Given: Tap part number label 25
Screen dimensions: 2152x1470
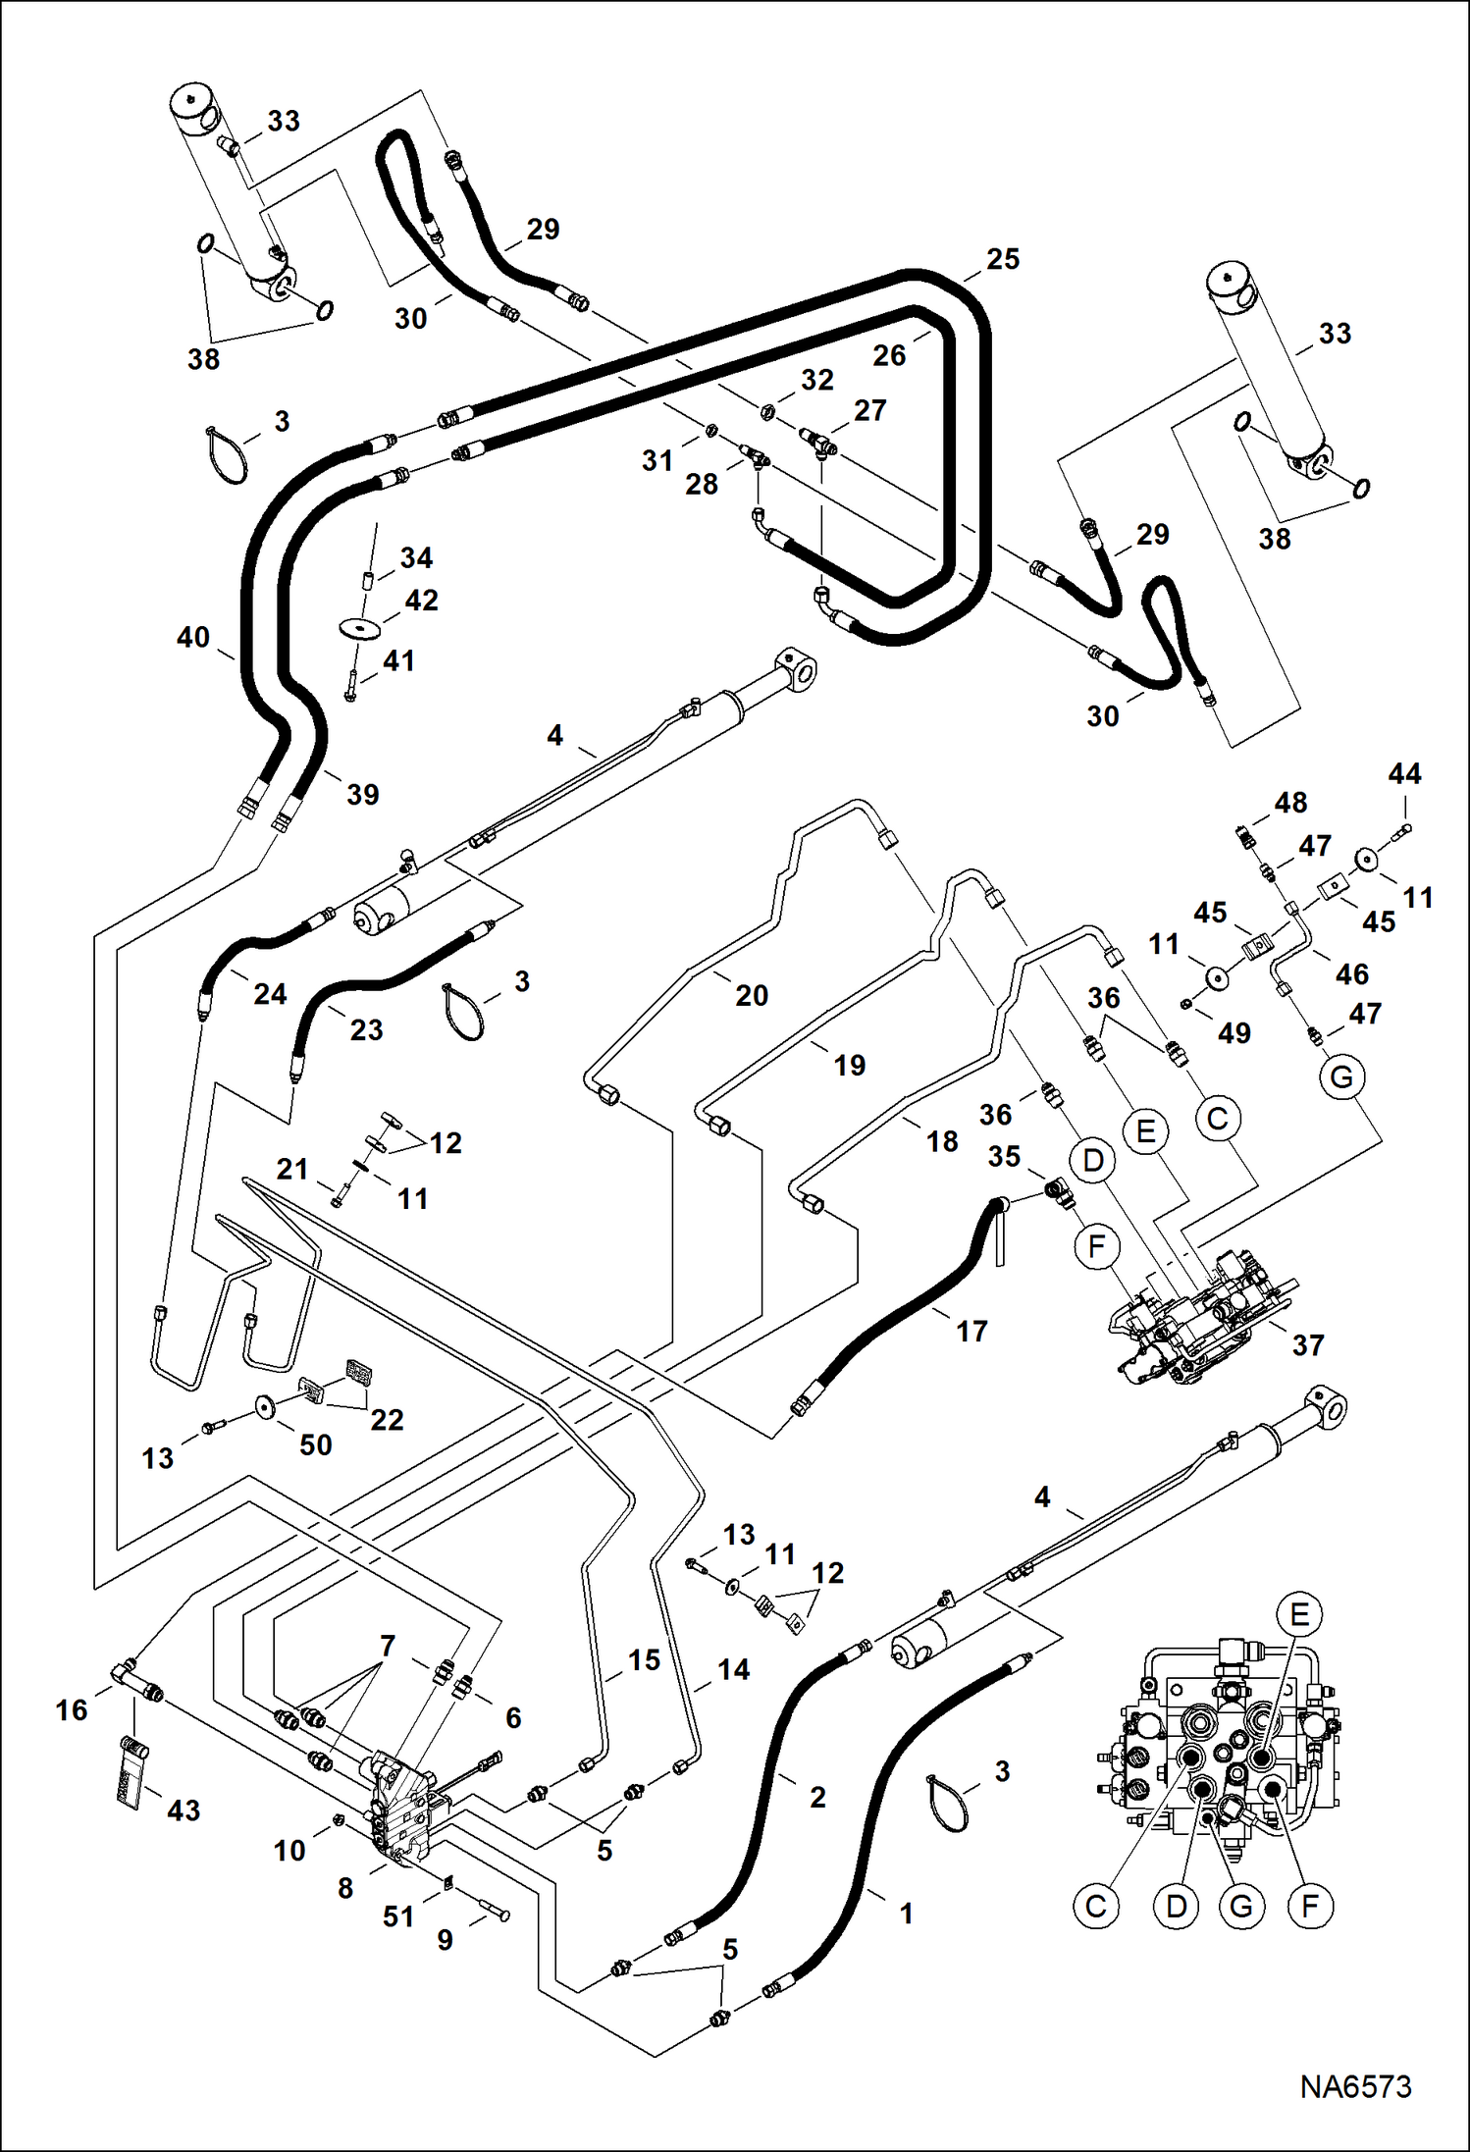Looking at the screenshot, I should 1003,259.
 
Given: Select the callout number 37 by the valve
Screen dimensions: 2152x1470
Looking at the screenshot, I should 1308,1344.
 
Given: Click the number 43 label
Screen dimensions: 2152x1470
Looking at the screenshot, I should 184,1811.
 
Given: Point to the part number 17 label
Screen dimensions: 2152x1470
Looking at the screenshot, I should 971,1331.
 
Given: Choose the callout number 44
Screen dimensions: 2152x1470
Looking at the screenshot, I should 1404,773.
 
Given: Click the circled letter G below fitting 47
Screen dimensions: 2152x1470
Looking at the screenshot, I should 1341,1077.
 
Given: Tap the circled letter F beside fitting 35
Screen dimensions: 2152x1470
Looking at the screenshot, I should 1097,1246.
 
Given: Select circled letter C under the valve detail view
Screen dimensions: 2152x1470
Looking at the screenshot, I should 1096,1906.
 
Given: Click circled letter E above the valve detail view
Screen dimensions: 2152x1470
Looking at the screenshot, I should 1299,1614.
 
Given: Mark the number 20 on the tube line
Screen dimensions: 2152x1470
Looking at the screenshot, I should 752,995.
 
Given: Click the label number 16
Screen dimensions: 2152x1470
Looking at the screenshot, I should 72,1710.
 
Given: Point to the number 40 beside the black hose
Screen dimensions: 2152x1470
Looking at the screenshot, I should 193,637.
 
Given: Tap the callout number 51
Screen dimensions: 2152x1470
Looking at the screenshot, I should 398,1916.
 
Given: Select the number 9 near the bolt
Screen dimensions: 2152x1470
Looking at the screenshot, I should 445,1940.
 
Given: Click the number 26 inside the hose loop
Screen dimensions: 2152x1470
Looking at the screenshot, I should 889,355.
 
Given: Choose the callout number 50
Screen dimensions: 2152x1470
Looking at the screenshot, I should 315,1444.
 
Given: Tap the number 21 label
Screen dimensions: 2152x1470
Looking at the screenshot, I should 292,1169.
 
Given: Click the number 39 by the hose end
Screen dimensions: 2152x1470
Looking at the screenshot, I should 362,794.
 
